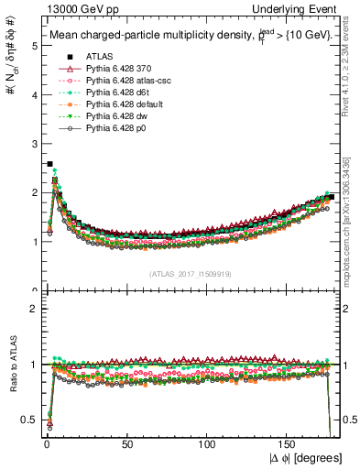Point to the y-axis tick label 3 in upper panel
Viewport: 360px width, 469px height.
coord(34,144)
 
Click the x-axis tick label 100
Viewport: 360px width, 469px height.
coord(208,444)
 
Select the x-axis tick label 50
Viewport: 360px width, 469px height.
coord(126,444)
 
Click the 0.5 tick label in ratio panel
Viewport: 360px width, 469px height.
coord(30,420)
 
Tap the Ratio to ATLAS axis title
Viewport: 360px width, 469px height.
coord(12,365)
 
